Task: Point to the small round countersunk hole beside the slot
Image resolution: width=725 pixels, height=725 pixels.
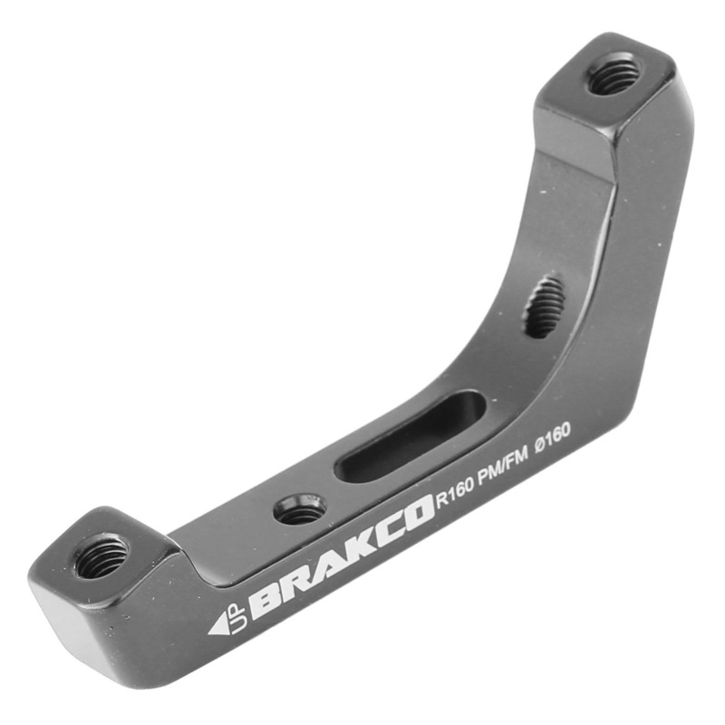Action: (x=300, y=509)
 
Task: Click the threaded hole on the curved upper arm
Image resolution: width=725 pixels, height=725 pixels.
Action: (x=545, y=307)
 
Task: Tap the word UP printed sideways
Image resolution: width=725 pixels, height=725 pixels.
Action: (x=237, y=615)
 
